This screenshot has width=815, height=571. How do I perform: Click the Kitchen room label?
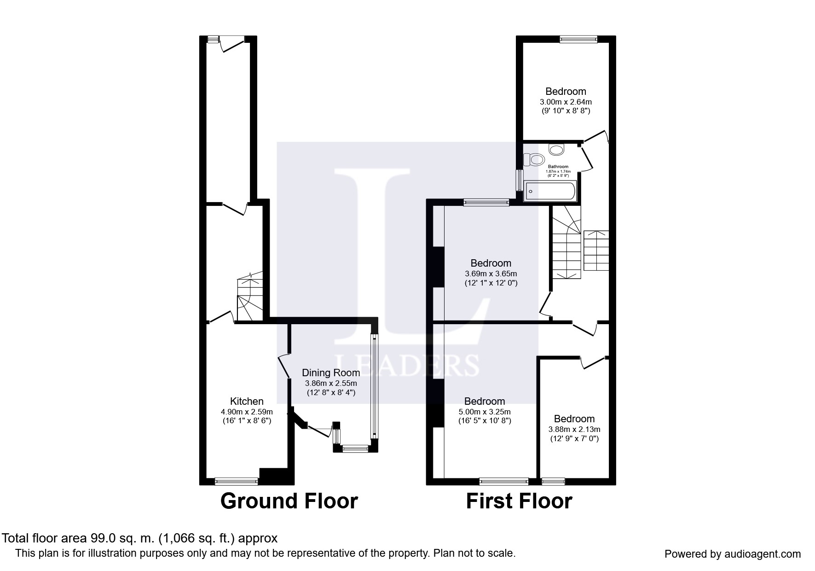tap(247, 402)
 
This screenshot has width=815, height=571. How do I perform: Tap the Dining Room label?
tap(330, 373)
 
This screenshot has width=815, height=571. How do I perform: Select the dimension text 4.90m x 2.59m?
tap(247, 412)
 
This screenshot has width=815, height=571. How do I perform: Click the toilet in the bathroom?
tap(532, 159)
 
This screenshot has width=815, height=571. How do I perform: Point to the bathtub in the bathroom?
tap(550, 191)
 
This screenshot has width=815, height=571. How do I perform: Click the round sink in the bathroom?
tap(557, 150)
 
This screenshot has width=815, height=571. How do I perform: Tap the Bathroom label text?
tap(558, 167)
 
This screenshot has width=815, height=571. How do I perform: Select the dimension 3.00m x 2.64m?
tap(566, 102)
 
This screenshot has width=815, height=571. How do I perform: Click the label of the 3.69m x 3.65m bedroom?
tap(491, 263)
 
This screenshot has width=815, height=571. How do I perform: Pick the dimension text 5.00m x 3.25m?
tap(485, 412)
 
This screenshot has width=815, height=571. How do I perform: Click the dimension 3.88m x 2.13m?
tap(574, 429)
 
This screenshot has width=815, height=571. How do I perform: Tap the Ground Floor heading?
tap(289, 501)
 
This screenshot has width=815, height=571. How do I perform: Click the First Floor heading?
tap(519, 501)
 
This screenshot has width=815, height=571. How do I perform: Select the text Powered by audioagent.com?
tap(732, 554)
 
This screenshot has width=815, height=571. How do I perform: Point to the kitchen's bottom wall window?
tap(237, 482)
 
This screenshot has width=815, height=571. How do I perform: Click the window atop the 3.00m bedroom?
tap(578, 40)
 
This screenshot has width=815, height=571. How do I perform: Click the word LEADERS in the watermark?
tap(408, 365)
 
